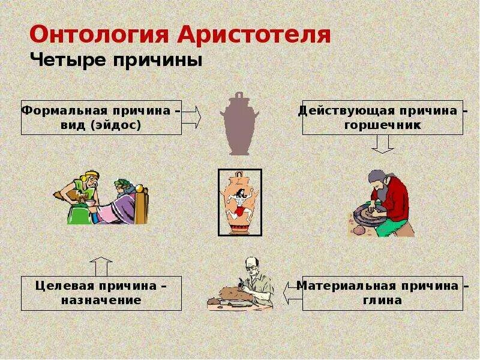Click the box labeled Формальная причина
pyautogui.click(x=101, y=117)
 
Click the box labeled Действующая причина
pyautogui.click(x=382, y=117)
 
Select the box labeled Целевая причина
pyautogui.click(x=101, y=293)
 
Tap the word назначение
pyautogui.click(x=101, y=300)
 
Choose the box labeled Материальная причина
pyautogui.click(x=382, y=293)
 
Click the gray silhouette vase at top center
pyautogui.click(x=239, y=124)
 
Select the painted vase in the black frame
pyautogui.click(x=239, y=202)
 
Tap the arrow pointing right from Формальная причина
pyautogui.click(x=191, y=116)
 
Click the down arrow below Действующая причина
pyautogui.click(x=382, y=143)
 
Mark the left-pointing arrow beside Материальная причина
pyautogui.click(x=292, y=293)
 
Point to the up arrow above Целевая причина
pyautogui.click(x=101, y=266)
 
